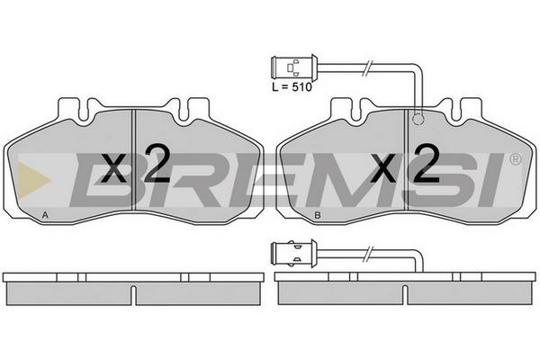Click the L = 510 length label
[x=292, y=86]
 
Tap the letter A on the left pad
[x=45, y=215]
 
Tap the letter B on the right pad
[x=318, y=215]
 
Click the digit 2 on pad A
[x=157, y=163]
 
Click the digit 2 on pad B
[x=427, y=163]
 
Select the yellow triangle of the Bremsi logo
[x=32, y=179]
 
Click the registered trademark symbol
[x=515, y=159]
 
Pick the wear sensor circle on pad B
[x=418, y=119]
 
